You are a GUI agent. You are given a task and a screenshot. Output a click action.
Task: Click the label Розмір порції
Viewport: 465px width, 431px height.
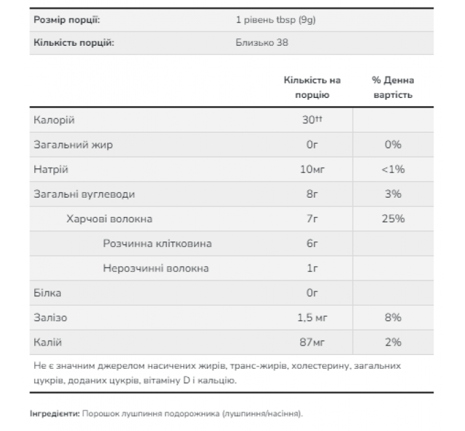pyautogui.click(x=66, y=19)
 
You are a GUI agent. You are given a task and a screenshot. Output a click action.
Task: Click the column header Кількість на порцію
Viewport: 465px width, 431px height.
pyautogui.click(x=312, y=88)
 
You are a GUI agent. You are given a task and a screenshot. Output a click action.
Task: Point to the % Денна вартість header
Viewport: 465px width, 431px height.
pyautogui.click(x=393, y=88)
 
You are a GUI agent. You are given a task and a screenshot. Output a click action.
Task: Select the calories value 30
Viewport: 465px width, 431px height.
pyautogui.click(x=311, y=120)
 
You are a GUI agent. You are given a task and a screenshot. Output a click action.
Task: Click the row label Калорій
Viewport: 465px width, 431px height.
pyautogui.click(x=54, y=120)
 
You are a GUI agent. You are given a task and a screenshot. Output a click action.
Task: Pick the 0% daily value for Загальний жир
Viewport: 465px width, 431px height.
pyautogui.click(x=393, y=145)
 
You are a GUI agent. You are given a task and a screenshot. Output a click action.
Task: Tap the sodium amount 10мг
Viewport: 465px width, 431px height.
pyautogui.click(x=312, y=170)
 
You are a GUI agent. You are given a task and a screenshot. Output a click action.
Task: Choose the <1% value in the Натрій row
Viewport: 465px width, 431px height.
pyautogui.click(x=393, y=170)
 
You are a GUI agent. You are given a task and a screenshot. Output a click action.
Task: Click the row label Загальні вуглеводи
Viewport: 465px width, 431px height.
pyautogui.click(x=84, y=194)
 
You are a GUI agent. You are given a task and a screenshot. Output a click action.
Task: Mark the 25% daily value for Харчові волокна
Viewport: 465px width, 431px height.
pyautogui.click(x=393, y=219)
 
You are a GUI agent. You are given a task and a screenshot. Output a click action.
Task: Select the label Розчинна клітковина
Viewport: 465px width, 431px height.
pyautogui.click(x=157, y=244)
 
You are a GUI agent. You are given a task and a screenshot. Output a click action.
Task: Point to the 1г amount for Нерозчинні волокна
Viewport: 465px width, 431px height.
pyautogui.click(x=312, y=268)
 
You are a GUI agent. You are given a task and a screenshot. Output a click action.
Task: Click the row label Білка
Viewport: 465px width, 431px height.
pyautogui.click(x=47, y=293)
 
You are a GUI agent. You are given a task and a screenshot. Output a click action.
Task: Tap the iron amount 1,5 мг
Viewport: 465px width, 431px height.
pyautogui.click(x=312, y=317)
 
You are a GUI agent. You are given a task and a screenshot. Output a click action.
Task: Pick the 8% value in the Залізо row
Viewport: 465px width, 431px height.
pyautogui.click(x=393, y=317)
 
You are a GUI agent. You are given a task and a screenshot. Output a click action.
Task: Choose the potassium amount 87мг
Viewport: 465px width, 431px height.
pyautogui.click(x=312, y=342)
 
